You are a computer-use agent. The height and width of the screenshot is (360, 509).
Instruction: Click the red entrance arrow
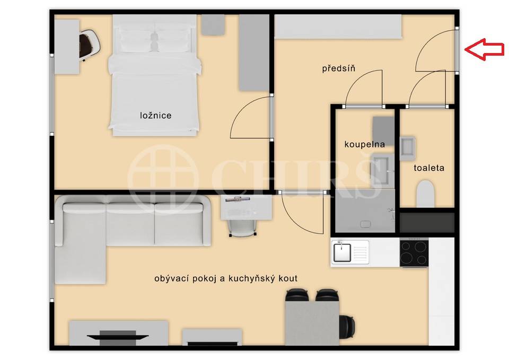coord(484,49)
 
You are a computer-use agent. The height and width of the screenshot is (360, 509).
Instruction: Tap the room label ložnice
coord(156,115)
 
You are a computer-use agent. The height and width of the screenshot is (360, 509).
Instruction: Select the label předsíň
coord(339,68)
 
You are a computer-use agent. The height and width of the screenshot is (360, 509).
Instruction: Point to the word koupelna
coord(365,144)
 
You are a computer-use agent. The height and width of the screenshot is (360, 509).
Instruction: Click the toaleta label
coord(429,168)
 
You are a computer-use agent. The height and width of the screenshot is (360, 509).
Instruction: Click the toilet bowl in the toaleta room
coord(425,194)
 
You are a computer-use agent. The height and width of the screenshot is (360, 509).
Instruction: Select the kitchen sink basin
coord(342,252)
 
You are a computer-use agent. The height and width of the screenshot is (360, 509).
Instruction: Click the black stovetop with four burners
coord(414,252)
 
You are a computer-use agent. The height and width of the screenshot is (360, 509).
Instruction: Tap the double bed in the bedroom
coord(155,75)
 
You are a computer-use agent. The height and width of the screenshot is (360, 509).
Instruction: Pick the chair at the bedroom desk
coord(89,43)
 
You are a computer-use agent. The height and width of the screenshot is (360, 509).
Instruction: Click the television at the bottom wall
coord(118,337)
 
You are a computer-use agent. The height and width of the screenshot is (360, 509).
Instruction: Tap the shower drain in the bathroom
coord(365,224)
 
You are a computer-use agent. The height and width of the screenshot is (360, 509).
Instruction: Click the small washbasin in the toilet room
coord(407,148)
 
